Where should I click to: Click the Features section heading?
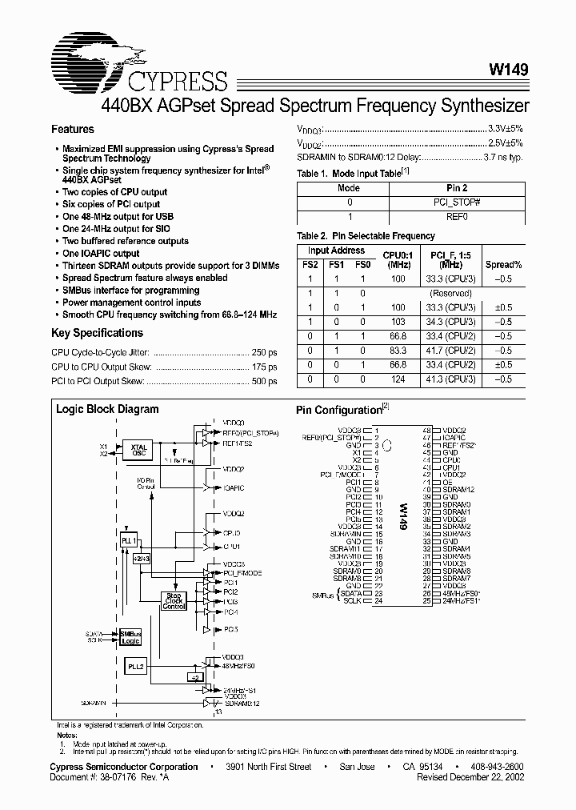click(73, 129)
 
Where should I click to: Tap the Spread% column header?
click(504, 264)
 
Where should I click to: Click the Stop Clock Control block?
click(174, 600)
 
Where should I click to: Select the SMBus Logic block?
click(130, 636)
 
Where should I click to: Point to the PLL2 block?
click(135, 666)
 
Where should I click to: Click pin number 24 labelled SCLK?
click(376, 600)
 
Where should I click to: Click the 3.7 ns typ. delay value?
click(504, 158)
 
